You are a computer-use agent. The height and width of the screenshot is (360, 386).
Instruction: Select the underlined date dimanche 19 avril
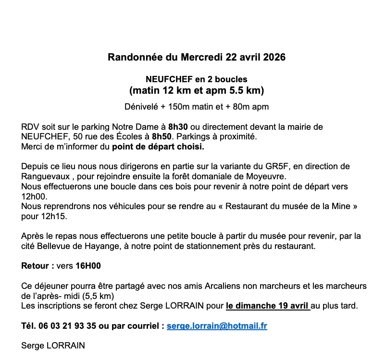tap(268, 305)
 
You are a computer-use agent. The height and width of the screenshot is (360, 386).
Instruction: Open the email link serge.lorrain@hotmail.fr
tap(217, 326)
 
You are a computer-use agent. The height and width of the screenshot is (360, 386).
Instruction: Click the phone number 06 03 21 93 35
tap(67, 326)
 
